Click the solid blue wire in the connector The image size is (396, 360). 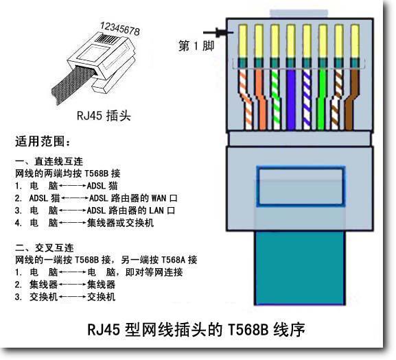(x=291, y=99)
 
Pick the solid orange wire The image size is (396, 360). (x=260, y=99)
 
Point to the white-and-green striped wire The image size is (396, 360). (x=275, y=99)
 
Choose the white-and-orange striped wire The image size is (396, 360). (x=246, y=99)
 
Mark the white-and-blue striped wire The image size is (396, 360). (x=306, y=99)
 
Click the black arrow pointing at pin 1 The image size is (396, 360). (x=218, y=32)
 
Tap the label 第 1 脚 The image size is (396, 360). (x=196, y=46)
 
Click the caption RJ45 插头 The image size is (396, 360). (x=104, y=116)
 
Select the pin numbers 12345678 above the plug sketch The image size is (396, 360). (x=119, y=29)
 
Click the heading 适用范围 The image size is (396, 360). (x=43, y=141)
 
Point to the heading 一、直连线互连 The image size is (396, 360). (x=49, y=161)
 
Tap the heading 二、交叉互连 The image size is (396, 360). (x=45, y=248)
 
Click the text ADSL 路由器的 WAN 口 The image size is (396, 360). (x=133, y=198)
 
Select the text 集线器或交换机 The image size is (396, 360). (x=120, y=223)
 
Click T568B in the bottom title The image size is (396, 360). (x=248, y=329)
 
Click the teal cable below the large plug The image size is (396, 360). (x=300, y=268)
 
